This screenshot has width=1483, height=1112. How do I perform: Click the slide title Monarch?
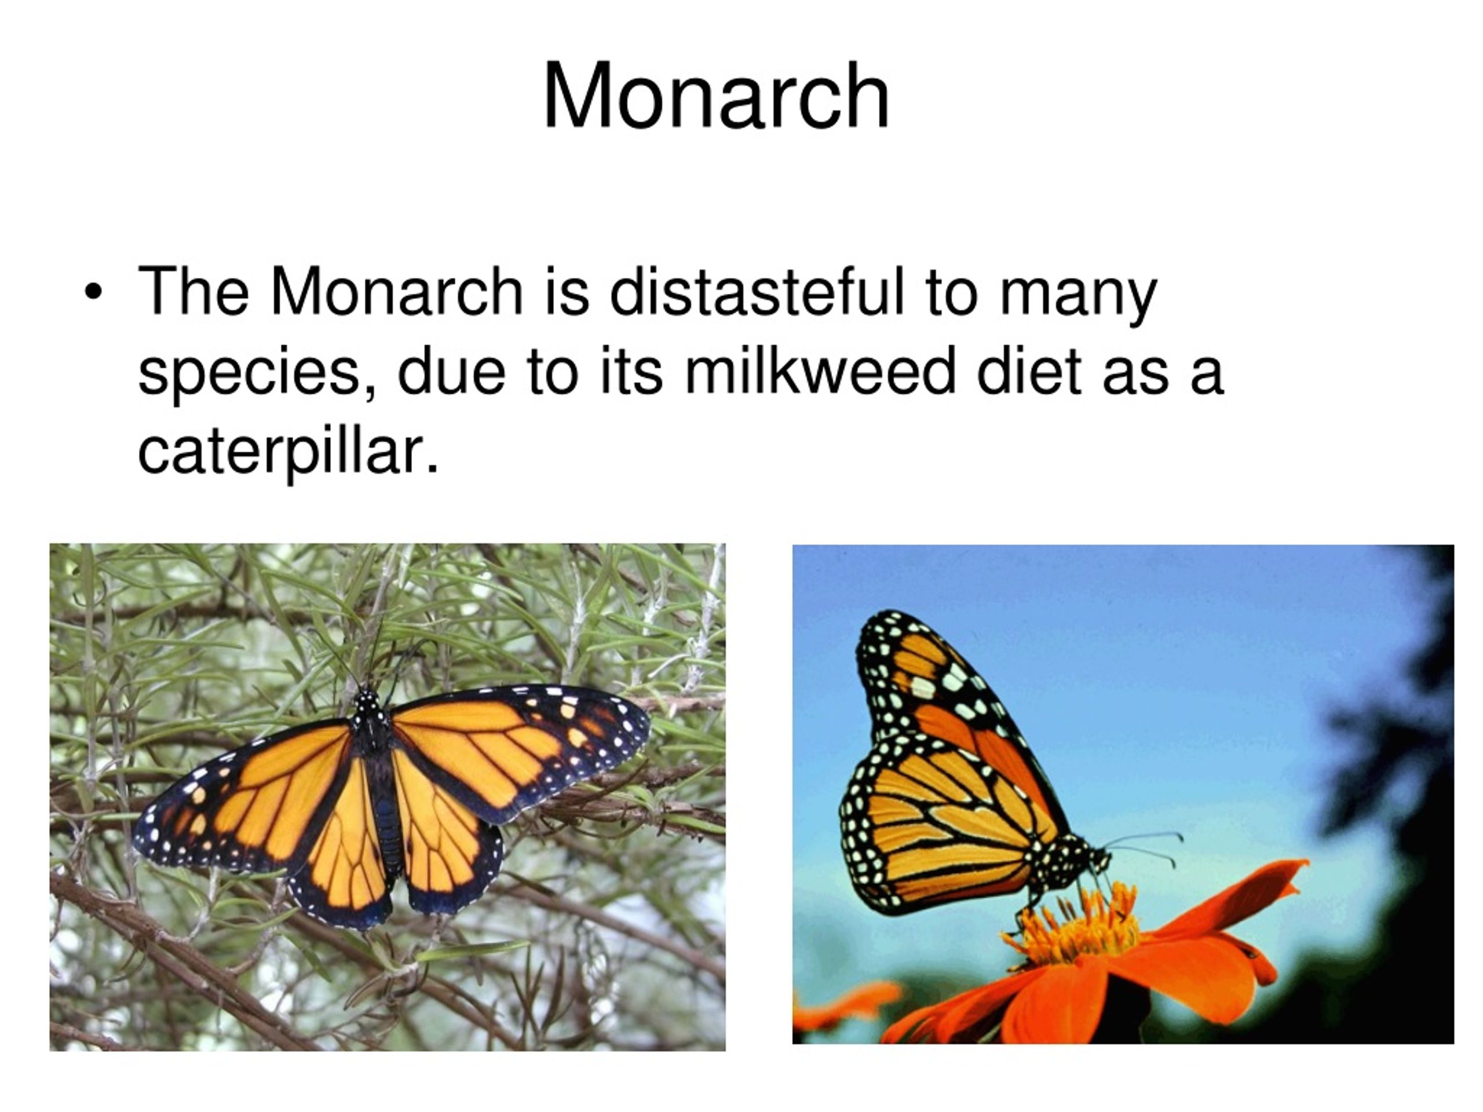(x=716, y=95)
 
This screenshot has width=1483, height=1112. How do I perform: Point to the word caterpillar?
(x=288, y=451)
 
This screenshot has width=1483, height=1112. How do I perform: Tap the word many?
(x=1078, y=295)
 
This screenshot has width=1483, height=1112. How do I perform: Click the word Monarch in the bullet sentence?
(x=396, y=291)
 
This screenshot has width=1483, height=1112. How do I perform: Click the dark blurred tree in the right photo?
(x=1394, y=737)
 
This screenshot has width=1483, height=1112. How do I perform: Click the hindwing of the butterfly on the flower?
(x=938, y=838)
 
